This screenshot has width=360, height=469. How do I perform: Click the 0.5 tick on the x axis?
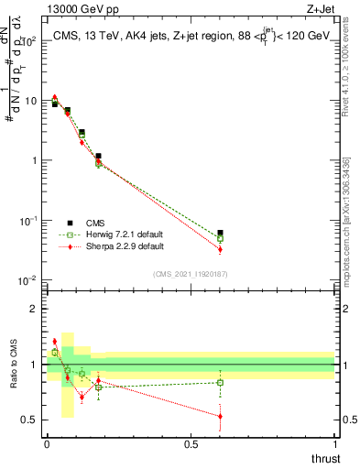(x=191, y=444)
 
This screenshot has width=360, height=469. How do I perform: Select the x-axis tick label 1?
(x=334, y=444)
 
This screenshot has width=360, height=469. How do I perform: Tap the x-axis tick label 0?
(x=47, y=444)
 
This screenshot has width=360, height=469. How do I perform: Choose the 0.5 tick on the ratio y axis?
(x=29, y=420)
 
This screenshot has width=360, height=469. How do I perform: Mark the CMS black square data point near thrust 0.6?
(x=220, y=234)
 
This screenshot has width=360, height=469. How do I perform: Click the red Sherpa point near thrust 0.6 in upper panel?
(x=220, y=249)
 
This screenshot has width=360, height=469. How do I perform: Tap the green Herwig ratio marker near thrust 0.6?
(x=220, y=383)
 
